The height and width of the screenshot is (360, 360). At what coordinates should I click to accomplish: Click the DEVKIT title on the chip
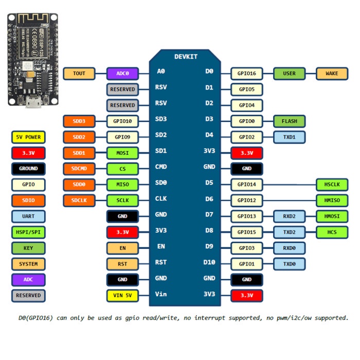186,57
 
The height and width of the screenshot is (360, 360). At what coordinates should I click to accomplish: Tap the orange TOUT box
79,74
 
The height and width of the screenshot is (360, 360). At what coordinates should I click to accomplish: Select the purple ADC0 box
122,74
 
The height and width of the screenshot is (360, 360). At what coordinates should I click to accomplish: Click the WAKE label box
332,74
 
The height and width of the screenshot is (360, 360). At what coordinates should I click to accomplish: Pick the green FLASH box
289,121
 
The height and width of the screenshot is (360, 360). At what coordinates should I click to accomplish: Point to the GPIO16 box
247,74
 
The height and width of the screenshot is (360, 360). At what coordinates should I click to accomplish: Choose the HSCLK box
332,184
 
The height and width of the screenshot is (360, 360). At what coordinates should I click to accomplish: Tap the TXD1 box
289,137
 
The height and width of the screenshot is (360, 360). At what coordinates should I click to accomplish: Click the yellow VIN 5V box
122,296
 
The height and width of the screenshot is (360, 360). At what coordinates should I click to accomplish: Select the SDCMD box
79,169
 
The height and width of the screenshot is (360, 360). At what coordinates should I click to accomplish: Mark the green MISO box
122,184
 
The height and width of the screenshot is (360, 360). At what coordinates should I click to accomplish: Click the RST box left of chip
122,264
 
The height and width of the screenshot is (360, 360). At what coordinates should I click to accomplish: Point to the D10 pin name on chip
208,262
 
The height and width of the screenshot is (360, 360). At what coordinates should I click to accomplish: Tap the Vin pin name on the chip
161,294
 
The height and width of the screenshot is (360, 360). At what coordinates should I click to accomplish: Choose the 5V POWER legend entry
28,137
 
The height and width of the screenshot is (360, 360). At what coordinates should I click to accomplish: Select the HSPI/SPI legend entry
28,232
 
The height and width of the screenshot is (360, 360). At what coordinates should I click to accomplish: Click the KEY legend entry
28,248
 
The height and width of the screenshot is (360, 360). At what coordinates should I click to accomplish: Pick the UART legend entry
28,217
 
